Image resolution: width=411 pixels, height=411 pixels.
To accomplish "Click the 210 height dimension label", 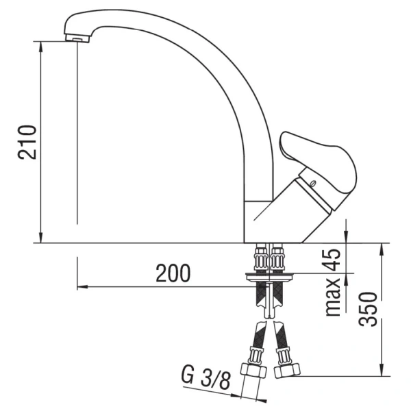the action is (27, 142).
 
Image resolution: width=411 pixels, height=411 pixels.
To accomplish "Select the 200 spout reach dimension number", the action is (173, 273).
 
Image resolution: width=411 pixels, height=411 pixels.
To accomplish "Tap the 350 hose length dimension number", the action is (367, 309).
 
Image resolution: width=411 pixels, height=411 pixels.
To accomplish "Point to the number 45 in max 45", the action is (332, 260).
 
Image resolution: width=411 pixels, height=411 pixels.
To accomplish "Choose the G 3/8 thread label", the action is (206, 378).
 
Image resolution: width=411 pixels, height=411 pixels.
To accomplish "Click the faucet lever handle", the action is (319, 161).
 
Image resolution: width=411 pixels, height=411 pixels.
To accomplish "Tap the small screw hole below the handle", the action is (313, 183).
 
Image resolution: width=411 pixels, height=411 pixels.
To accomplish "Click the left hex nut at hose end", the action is (253, 371).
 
